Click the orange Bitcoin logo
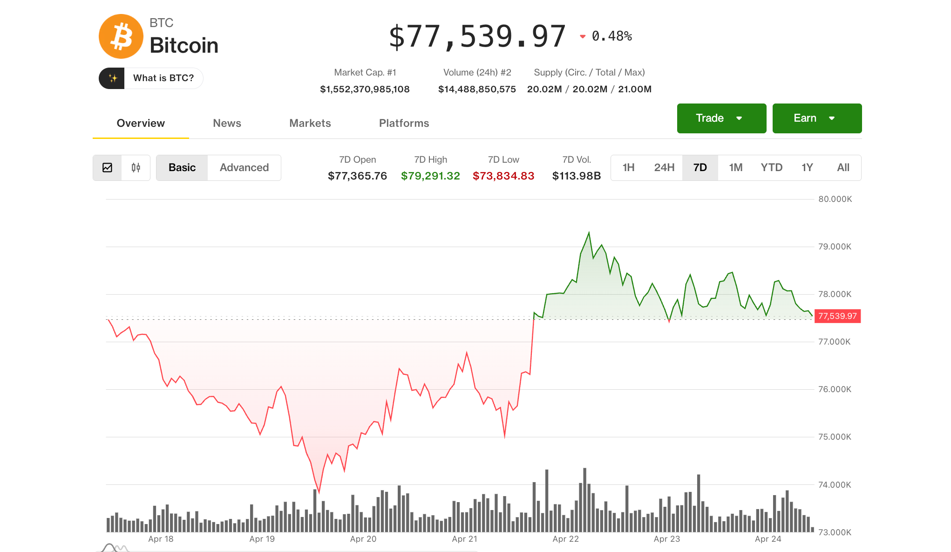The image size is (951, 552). [121, 36]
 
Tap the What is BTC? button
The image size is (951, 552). [151, 78]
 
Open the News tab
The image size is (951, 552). [227, 123]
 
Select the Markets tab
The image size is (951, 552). [310, 123]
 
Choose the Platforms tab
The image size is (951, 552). [404, 123]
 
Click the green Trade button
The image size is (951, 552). [721, 118]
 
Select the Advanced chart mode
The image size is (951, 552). [244, 167]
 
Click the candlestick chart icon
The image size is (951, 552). [136, 167]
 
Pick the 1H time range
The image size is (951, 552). [628, 167]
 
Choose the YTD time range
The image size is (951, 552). [771, 167]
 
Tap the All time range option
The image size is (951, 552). [843, 167]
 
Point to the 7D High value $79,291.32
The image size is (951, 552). [430, 176]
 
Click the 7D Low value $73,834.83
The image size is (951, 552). [503, 176]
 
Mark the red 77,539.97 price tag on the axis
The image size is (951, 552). [837, 316]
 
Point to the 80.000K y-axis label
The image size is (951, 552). [835, 199]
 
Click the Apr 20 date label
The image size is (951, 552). [363, 539]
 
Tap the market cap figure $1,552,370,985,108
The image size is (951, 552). [365, 89]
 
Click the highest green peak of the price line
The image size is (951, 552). [589, 233]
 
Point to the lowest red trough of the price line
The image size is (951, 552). [319, 491]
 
